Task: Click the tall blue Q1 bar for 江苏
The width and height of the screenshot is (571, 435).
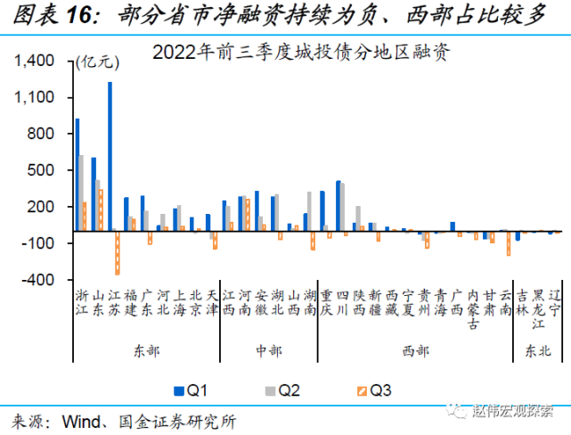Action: click(x=110, y=156)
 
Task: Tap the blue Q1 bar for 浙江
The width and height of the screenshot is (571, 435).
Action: click(x=77, y=175)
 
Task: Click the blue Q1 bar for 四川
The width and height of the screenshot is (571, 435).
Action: click(x=338, y=206)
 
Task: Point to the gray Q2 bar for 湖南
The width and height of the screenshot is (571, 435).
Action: click(x=309, y=211)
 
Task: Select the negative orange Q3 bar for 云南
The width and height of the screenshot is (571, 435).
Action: click(x=509, y=243)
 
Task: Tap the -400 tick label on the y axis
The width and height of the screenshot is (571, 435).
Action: click(x=39, y=280)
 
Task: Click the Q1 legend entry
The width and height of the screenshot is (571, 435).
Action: click(x=191, y=390)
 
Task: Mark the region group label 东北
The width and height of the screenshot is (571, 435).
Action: click(x=539, y=350)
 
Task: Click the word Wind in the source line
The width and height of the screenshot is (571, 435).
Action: click(x=83, y=419)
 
